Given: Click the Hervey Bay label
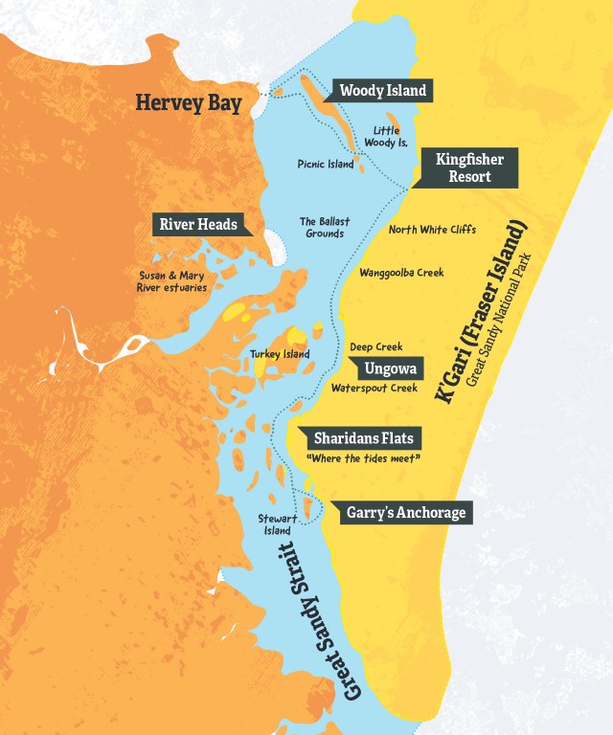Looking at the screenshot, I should click(188, 102).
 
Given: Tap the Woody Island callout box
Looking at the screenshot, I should click(382, 91).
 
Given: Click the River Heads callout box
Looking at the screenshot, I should click(197, 225).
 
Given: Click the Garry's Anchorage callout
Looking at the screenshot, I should click(404, 513).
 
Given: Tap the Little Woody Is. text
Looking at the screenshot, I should click(389, 136).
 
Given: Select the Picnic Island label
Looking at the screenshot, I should click(326, 165).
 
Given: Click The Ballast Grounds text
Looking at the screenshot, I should click(324, 227).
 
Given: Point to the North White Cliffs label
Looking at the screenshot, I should click(432, 230).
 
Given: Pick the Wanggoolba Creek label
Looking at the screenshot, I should click(401, 273).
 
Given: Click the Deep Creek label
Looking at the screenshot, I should click(375, 346).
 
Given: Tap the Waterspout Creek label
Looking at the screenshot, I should click(375, 389).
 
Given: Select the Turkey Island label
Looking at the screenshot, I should click(280, 354).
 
